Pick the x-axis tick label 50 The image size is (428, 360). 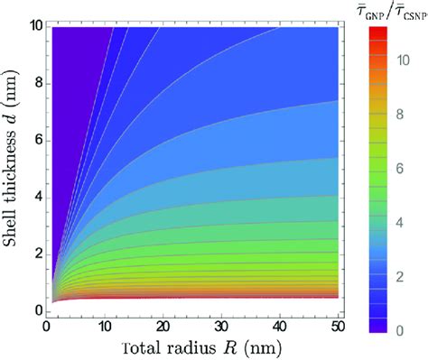pyautogui.click(x=338, y=326)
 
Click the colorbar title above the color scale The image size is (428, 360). pyautogui.click(x=385, y=16)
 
